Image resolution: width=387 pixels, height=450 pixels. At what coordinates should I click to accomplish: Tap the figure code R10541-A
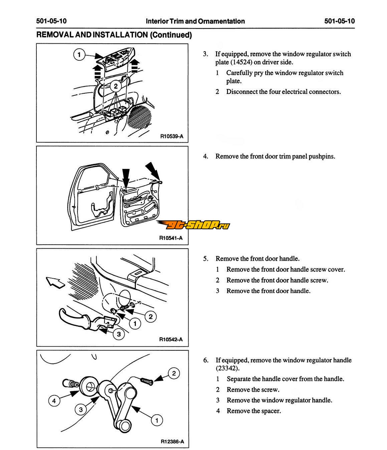(x=171, y=238)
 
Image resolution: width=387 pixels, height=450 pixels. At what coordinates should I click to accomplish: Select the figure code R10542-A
(x=171, y=340)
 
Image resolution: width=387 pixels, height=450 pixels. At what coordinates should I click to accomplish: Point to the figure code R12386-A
(x=172, y=442)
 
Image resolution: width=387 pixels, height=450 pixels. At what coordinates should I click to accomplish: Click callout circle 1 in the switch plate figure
(x=79, y=55)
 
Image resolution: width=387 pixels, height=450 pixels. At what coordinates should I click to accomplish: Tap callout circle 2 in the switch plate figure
(x=116, y=86)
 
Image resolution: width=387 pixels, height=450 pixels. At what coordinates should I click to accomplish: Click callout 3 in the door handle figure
(x=119, y=334)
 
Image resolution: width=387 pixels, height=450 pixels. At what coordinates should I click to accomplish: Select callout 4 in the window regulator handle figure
(x=54, y=401)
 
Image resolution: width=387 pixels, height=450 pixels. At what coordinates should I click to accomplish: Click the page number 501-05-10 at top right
(x=339, y=21)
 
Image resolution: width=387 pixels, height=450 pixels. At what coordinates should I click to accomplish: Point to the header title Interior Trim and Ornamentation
(x=195, y=21)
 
